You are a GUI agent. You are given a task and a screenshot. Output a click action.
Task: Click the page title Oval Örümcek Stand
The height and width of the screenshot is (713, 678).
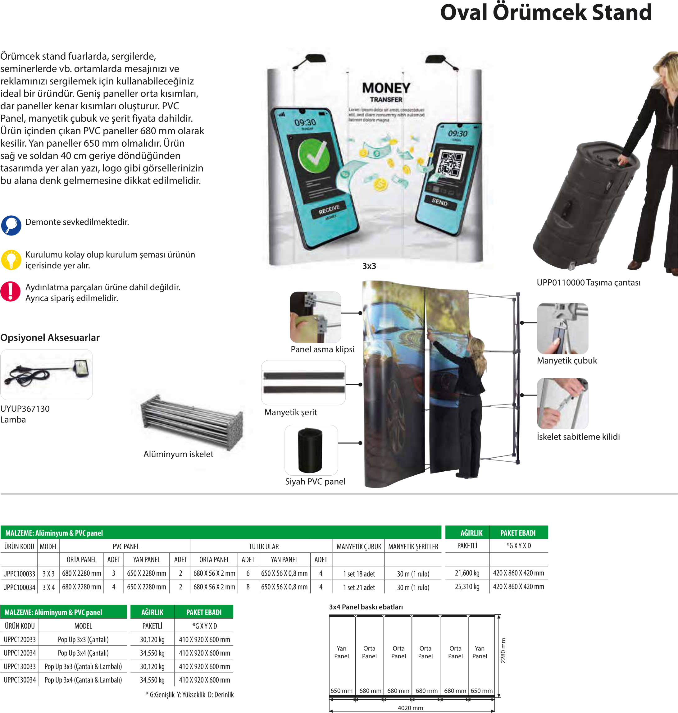(x=546, y=13)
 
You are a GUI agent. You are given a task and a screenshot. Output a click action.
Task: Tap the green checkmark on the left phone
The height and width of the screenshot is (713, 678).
(x=314, y=157)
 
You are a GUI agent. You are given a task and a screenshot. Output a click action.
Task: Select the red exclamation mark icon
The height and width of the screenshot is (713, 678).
(x=11, y=291)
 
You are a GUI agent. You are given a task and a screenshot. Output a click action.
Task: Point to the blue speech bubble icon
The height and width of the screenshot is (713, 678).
(x=11, y=225)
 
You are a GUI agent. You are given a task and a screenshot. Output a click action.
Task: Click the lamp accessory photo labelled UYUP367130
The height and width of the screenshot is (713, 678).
(x=46, y=375)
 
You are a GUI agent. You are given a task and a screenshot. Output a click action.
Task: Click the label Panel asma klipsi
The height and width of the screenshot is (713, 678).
(x=322, y=349)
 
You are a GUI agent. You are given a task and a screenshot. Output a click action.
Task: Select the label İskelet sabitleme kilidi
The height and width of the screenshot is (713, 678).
(x=578, y=437)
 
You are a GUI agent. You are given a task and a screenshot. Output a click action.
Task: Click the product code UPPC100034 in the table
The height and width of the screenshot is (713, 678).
(x=20, y=587)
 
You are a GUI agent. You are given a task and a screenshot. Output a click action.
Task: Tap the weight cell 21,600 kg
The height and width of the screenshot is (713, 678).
(x=467, y=573)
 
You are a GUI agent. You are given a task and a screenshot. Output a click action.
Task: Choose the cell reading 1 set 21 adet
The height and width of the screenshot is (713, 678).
(x=359, y=587)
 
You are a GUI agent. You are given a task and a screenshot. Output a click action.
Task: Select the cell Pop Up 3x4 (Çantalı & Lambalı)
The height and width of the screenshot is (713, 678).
(x=83, y=680)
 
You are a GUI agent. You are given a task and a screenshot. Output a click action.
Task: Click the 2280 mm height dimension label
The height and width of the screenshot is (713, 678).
(x=503, y=651)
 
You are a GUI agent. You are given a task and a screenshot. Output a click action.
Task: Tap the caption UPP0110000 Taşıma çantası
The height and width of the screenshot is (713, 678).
(x=588, y=282)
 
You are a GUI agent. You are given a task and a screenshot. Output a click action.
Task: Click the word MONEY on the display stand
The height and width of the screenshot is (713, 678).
(x=386, y=88)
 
